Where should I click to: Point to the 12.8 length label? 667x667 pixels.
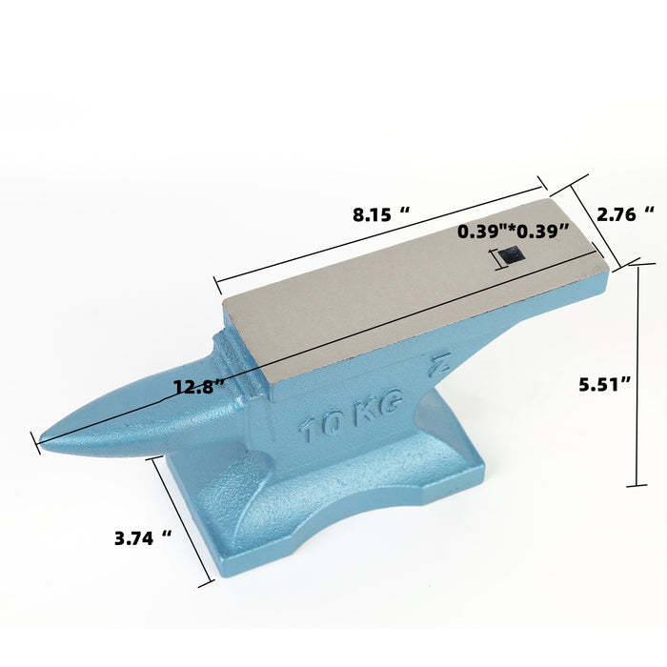199,387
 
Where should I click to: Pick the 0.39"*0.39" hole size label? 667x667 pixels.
513,232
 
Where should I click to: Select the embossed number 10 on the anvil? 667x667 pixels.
320,425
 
